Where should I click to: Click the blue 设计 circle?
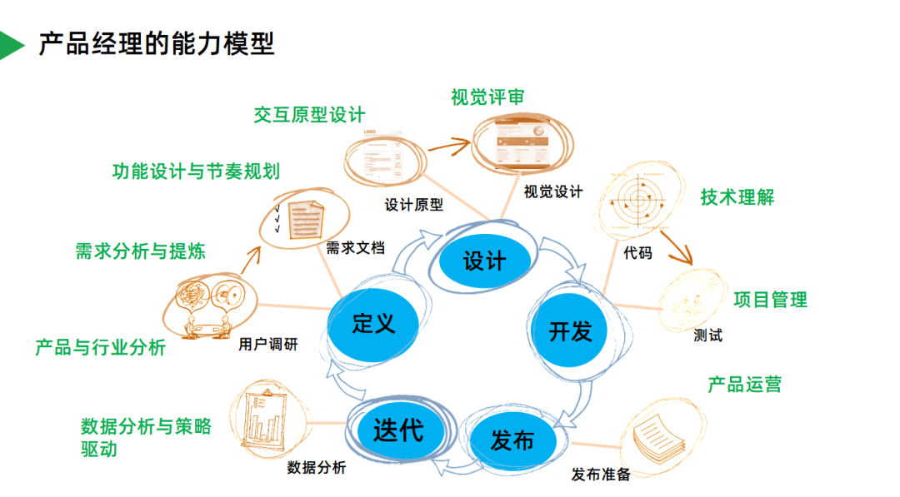(x=484, y=261)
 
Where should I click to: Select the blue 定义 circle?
(x=373, y=323)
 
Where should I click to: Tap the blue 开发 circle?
(x=571, y=330)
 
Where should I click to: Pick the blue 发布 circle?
(x=512, y=440)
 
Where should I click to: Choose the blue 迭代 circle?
(x=398, y=429)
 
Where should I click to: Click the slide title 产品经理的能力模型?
(x=157, y=44)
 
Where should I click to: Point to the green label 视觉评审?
(x=487, y=97)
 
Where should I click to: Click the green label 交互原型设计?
(x=309, y=115)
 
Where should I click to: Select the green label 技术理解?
(x=737, y=197)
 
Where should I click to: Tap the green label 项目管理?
(x=770, y=299)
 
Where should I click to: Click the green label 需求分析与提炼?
(x=140, y=250)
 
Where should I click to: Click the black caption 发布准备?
(x=601, y=475)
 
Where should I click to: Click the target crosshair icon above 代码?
(x=640, y=201)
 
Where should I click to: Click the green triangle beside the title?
(x=10, y=45)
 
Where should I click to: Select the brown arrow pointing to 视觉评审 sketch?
(x=450, y=149)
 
